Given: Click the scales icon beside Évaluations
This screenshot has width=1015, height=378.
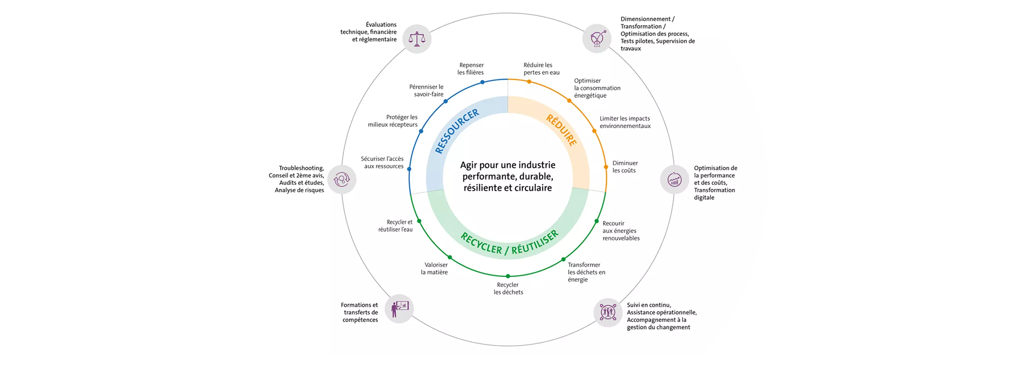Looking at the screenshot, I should (x=417, y=39).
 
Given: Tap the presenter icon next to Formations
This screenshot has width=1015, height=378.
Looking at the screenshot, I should (x=399, y=309).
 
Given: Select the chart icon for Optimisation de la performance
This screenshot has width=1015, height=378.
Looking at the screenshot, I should (x=674, y=179).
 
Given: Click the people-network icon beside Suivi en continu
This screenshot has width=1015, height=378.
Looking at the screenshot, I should (x=608, y=312).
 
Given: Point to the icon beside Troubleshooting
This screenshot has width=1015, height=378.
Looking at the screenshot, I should (x=342, y=179).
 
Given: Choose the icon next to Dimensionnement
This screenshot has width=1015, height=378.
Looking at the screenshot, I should (x=597, y=39).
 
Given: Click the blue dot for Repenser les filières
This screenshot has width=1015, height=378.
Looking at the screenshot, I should (x=482, y=82).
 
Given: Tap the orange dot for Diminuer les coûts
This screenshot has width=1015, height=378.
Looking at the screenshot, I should (x=606, y=167).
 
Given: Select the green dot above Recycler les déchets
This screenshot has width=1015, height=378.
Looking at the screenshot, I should (x=508, y=276).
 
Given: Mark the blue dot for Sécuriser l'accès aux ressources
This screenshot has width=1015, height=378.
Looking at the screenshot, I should (x=409, y=169).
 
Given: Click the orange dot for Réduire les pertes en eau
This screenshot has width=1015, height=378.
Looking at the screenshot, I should (x=529, y=82).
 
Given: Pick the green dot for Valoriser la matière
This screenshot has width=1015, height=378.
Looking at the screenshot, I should (x=450, y=257).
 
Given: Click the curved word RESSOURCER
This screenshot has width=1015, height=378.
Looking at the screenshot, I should (x=456, y=131).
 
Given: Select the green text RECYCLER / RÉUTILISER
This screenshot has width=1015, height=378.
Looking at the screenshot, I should (x=509, y=243).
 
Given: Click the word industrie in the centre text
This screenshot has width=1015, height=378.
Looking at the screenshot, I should (x=537, y=165).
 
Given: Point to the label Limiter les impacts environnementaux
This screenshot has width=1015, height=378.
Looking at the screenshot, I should (x=625, y=122).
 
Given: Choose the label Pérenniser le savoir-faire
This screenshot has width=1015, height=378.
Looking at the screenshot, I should (x=426, y=90).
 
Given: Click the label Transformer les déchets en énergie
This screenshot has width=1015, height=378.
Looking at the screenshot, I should (x=586, y=272).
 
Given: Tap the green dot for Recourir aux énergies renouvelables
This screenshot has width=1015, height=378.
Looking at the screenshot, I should (x=597, y=221).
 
